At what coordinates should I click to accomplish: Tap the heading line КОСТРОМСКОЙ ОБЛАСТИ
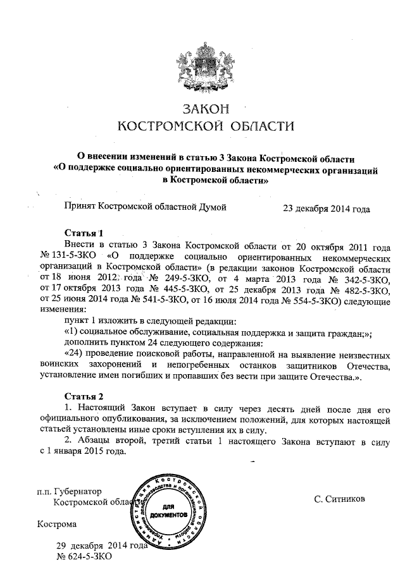(x=207, y=126)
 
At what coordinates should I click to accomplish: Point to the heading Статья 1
(x=84, y=233)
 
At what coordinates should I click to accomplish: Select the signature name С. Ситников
(x=339, y=499)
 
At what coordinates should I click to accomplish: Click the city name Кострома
(x=57, y=524)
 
